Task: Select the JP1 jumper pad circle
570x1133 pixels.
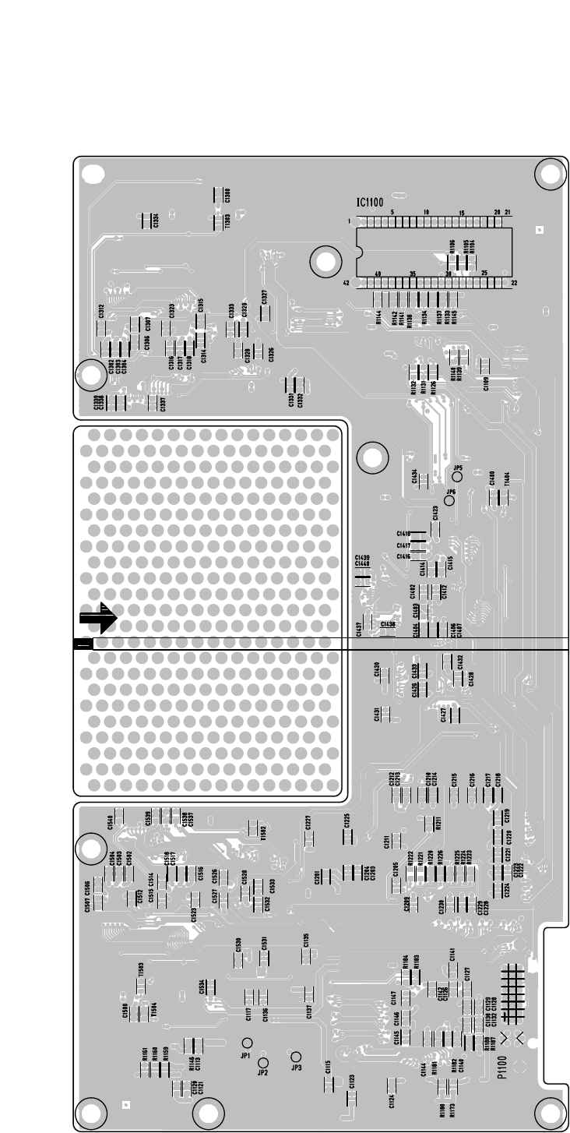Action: pyautogui.click(x=247, y=1043)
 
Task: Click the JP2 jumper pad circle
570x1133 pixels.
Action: pyautogui.click(x=263, y=1062)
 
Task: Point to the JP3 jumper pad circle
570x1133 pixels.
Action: pyautogui.click(x=295, y=1057)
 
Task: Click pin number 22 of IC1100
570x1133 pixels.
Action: pyautogui.click(x=514, y=283)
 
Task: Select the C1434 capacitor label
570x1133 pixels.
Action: pyautogui.click(x=414, y=477)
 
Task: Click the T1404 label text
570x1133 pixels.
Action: pyautogui.click(x=508, y=478)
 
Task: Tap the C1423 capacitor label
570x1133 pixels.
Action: pyautogui.click(x=435, y=513)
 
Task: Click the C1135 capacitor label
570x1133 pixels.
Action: pyautogui.click(x=307, y=940)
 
